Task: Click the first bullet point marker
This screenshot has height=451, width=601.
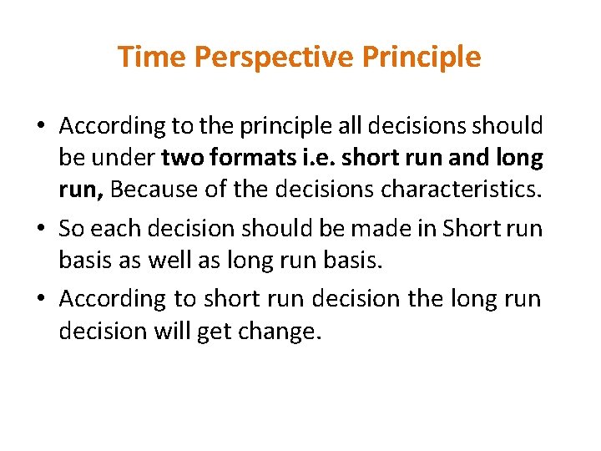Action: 41,127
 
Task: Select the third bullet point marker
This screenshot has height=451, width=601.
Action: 41,299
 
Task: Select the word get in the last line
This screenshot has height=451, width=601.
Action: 213,332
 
